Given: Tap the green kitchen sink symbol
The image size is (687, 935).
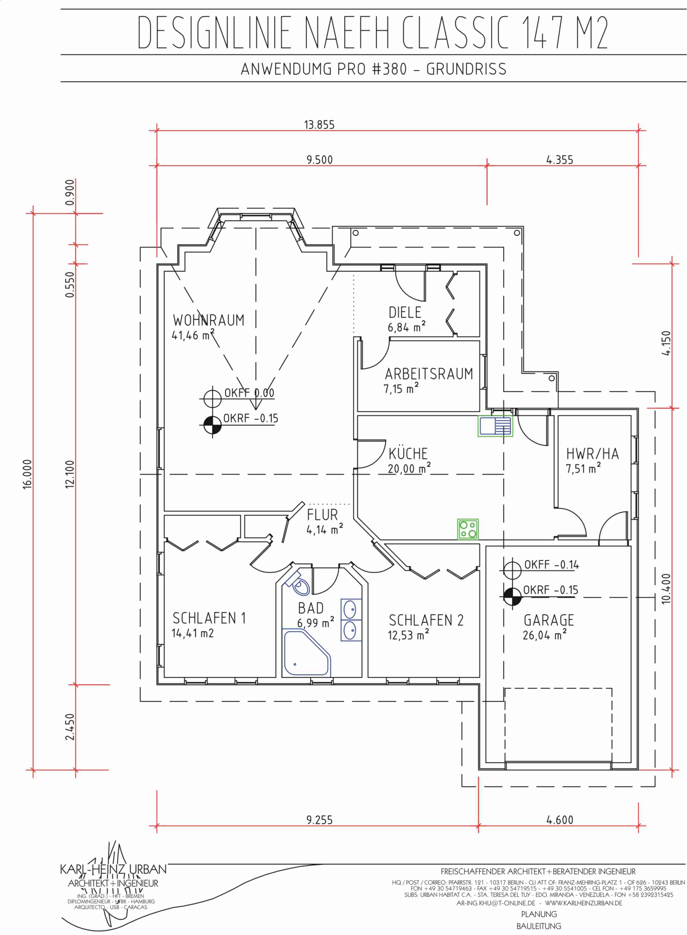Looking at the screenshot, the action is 495,426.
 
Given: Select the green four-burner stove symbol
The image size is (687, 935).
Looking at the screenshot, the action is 468,529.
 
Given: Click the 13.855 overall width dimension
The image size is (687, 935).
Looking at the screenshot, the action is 319,125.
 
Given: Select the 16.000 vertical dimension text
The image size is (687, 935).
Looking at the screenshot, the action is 27,474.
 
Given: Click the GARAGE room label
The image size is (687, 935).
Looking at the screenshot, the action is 549,620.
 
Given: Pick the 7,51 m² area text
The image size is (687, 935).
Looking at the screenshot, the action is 583,469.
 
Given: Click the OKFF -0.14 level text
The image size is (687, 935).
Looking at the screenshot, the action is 551,565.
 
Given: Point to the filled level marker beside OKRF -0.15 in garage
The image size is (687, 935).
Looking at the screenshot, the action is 512,597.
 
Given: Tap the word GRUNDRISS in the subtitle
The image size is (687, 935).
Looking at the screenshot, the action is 466,69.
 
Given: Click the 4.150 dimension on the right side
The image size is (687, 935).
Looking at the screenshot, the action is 666,343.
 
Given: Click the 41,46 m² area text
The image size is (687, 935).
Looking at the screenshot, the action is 193,335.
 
